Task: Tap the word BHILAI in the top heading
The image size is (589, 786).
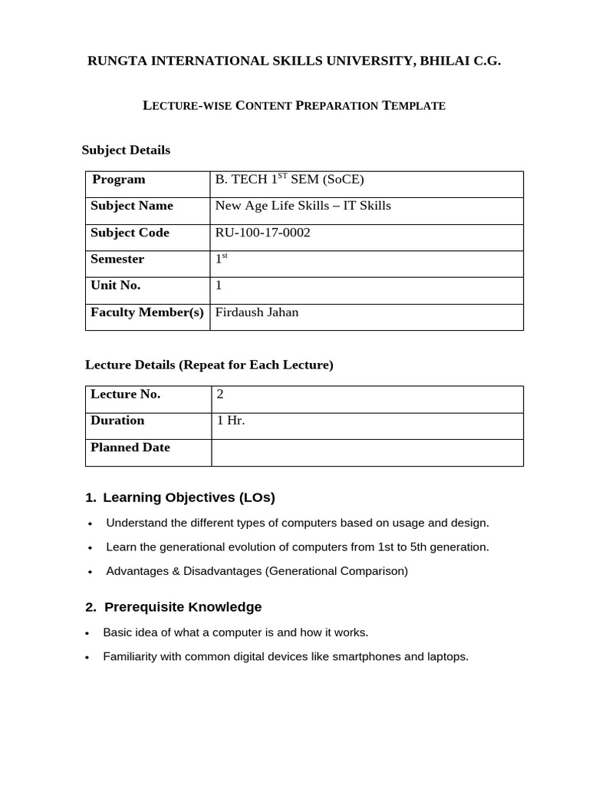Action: click(x=445, y=61)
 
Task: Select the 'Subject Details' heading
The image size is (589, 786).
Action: click(x=126, y=150)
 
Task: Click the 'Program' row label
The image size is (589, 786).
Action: click(x=119, y=180)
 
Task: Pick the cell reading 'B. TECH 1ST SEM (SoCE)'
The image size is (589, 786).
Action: click(x=289, y=180)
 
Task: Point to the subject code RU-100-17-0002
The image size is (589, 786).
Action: click(x=263, y=233)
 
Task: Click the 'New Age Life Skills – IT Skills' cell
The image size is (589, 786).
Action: click(x=303, y=206)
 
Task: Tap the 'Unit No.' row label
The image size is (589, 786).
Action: click(x=116, y=286)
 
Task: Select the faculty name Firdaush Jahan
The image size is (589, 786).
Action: click(x=257, y=312)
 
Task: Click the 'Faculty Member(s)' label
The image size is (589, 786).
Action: click(x=147, y=312)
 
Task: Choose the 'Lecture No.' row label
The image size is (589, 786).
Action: click(x=126, y=395)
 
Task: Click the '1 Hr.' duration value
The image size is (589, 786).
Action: click(x=231, y=421)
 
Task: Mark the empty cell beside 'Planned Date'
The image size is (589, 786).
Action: click(x=367, y=452)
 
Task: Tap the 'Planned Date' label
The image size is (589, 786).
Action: click(x=130, y=447)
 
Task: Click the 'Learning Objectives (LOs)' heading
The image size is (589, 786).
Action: click(x=189, y=497)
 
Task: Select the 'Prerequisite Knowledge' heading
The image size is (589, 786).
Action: click(x=183, y=607)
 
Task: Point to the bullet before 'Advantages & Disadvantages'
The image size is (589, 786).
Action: click(x=90, y=572)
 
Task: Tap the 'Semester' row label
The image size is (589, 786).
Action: click(x=117, y=259)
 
